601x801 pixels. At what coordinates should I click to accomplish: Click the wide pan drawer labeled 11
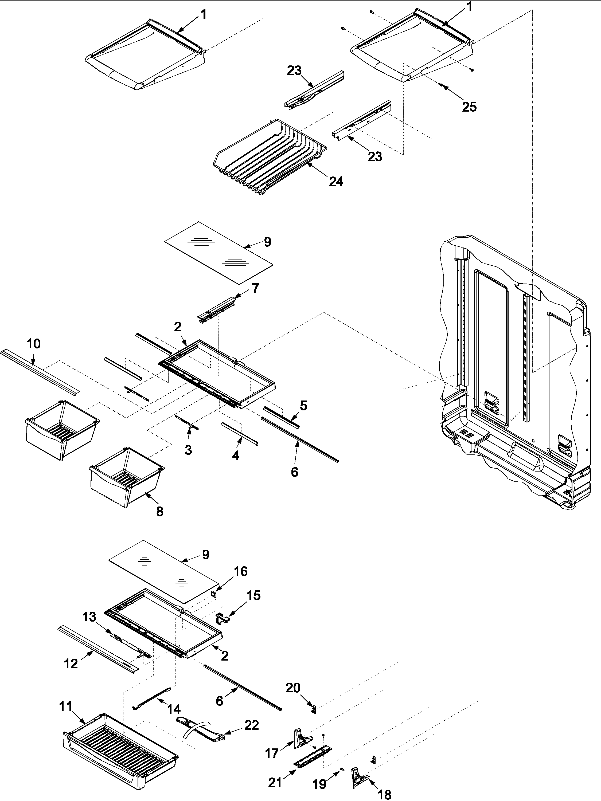pyautogui.click(x=120, y=749)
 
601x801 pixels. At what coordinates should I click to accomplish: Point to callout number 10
pyautogui.click(x=34, y=344)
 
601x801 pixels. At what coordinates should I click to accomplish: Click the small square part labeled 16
pyautogui.click(x=214, y=594)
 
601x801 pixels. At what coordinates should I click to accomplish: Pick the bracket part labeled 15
pyautogui.click(x=222, y=618)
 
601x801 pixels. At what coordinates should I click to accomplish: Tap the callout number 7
pyautogui.click(x=255, y=289)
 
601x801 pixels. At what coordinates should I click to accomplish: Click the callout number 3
pyautogui.click(x=188, y=450)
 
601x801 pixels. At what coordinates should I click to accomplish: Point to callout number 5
pyautogui.click(x=303, y=406)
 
